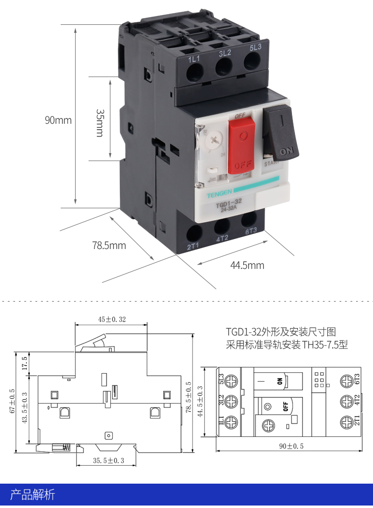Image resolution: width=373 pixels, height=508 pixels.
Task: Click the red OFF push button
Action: click(242, 145)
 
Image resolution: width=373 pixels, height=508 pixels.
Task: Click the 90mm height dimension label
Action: click(58, 120)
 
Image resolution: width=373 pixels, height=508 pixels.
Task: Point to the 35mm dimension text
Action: click(99, 123)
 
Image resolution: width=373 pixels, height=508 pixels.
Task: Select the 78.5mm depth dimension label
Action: click(109, 245)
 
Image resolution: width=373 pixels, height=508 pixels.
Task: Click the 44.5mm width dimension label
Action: click(247, 265)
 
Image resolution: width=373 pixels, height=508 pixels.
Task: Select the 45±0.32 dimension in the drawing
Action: click(112, 319)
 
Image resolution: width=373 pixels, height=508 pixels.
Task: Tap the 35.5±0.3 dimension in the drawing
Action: click(108, 461)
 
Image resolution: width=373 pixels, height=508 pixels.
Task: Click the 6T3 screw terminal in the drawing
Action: click(347, 381)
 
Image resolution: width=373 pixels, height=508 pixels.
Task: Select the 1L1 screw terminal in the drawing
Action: click(231, 422)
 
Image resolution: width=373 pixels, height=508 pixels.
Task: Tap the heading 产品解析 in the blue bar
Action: click(33, 495)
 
